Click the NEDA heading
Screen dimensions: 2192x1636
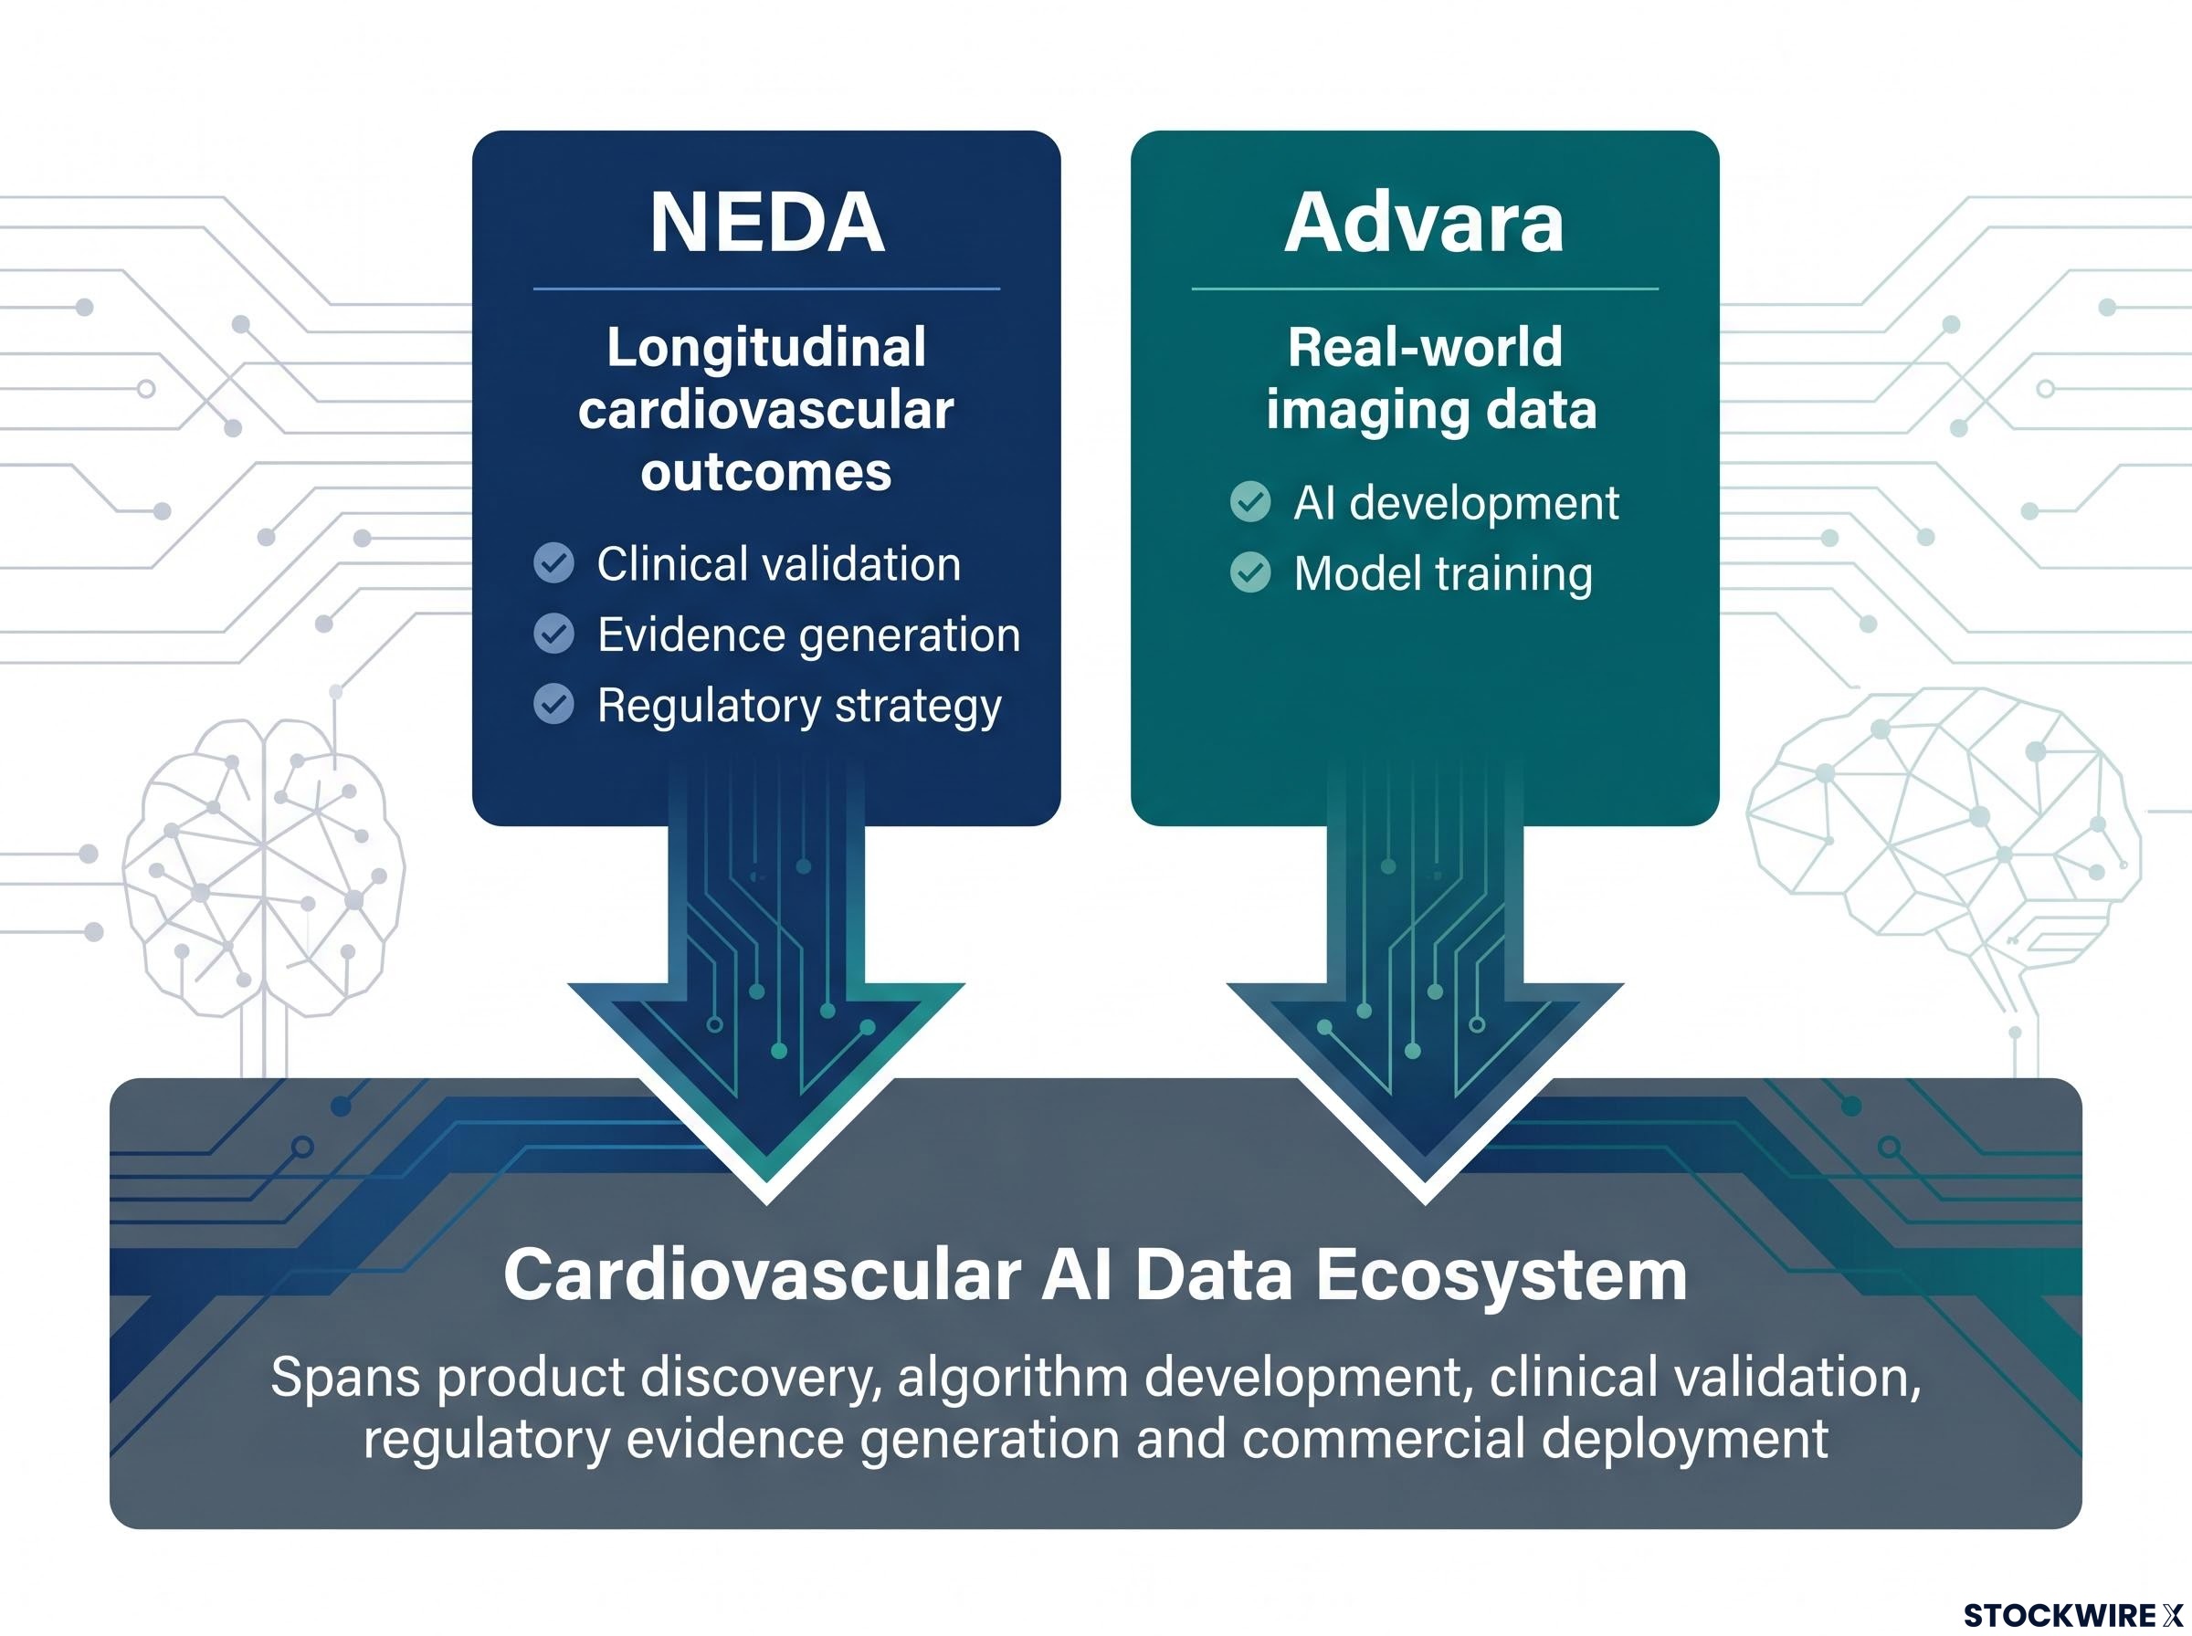(x=766, y=223)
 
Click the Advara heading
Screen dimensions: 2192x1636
(x=1425, y=223)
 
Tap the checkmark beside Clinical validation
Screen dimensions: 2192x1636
(x=553, y=563)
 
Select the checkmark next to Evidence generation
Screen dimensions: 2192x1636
(x=553, y=634)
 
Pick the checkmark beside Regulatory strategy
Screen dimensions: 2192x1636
(x=553, y=704)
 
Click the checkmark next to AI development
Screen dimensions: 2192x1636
(x=1250, y=502)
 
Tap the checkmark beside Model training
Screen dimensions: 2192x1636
(x=1250, y=572)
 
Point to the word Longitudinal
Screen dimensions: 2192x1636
(x=766, y=349)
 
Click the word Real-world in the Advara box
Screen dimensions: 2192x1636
(x=1425, y=347)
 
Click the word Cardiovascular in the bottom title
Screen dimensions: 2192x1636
(x=762, y=1274)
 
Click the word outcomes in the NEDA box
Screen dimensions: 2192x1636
(x=765, y=472)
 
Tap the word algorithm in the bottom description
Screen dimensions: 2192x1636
(x=1013, y=1378)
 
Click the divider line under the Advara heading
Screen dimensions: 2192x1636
(x=1425, y=289)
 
